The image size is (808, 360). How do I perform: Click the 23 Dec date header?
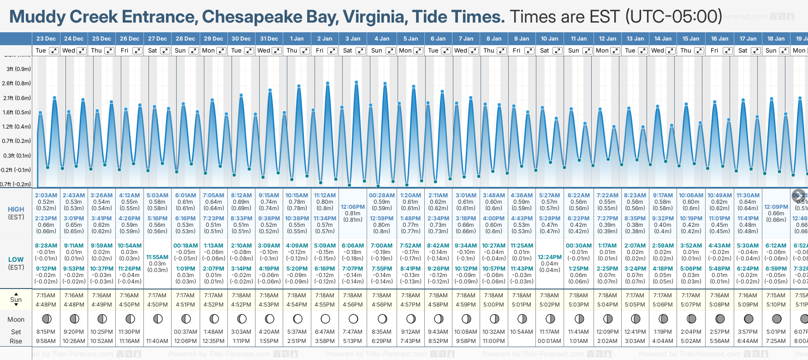[46, 39]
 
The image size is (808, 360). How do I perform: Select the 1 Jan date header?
[297, 39]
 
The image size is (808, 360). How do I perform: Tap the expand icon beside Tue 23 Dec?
[54, 51]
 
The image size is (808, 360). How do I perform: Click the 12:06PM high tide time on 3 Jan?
[353, 207]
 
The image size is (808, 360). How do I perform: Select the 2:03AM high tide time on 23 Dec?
[46, 195]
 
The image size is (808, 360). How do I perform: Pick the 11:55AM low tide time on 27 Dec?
[157, 257]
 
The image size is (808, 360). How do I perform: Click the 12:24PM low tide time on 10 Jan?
[550, 257]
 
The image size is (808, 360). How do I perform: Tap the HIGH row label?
[16, 209]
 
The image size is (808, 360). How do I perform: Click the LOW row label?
[16, 260]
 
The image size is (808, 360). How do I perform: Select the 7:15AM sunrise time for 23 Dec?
[46, 295]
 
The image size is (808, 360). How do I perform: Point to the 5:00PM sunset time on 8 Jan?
[493, 305]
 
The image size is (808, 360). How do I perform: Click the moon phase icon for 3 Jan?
[353, 319]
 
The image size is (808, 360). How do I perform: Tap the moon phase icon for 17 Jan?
[749, 319]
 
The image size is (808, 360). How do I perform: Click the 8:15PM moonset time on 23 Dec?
[46, 332]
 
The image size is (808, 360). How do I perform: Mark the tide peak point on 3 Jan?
[356, 82]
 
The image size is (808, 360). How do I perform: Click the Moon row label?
[16, 319]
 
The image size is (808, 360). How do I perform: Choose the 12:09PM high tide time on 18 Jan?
[776, 207]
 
